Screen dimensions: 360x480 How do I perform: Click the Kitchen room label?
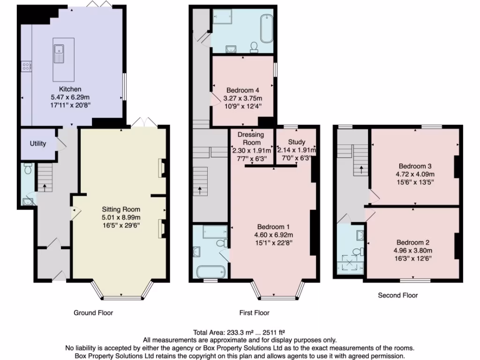[x=70, y=89]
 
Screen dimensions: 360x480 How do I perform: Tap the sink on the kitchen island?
[x=59, y=53]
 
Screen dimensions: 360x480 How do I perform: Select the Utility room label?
[x=38, y=143]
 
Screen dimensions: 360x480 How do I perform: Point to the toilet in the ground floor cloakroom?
[x=27, y=168]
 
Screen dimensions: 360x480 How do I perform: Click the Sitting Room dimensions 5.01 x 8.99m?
[x=121, y=217]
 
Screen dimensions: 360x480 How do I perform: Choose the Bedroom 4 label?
[x=243, y=90]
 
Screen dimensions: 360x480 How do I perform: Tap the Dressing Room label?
[x=251, y=138]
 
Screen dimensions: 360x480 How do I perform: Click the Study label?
[x=296, y=142]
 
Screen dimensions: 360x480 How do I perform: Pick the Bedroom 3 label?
[x=415, y=166]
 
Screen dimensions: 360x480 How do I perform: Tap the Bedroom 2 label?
[x=413, y=242]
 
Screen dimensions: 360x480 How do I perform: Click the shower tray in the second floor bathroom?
[x=349, y=263]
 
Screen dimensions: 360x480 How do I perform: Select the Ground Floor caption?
[x=93, y=313]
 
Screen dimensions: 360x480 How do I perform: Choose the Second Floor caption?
[x=397, y=295]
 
